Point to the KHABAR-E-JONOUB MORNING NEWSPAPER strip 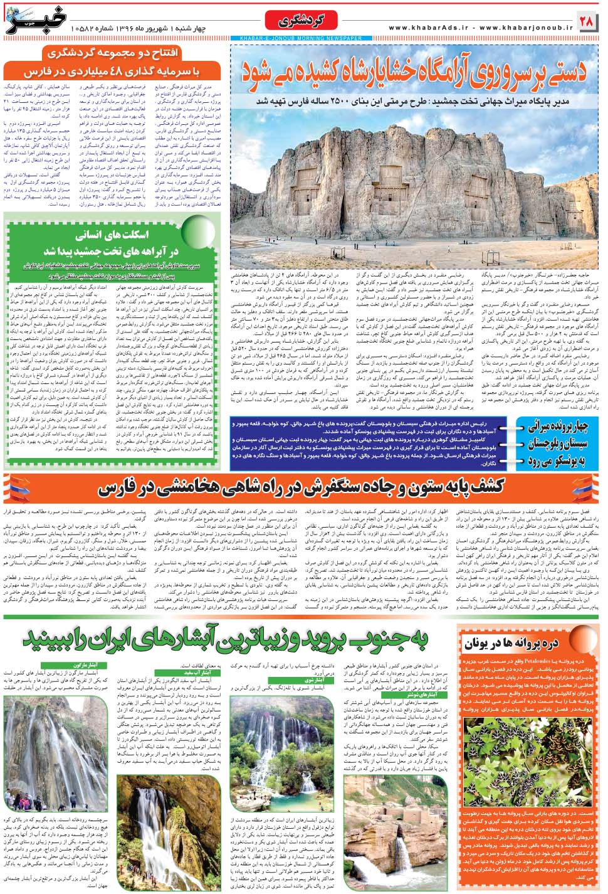(x=300, y=38)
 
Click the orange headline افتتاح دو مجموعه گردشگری (x=112, y=53)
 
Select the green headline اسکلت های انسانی (x=112, y=236)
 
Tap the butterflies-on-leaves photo (x=530, y=753)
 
